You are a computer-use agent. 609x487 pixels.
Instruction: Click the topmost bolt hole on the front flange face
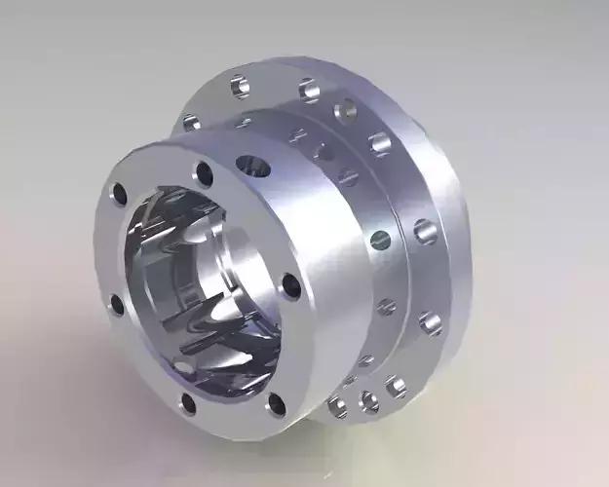pos(204,173)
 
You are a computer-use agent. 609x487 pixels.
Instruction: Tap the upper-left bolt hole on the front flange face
pos(119,194)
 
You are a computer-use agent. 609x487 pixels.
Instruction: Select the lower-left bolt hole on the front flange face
pos(117,304)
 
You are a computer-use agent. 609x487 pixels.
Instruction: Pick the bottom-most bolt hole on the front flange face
pos(187,403)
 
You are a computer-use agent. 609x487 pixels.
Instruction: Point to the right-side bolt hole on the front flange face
pos(290,285)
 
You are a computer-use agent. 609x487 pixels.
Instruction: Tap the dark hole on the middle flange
pos(380,240)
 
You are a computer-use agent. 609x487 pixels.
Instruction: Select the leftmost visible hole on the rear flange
pos(191,123)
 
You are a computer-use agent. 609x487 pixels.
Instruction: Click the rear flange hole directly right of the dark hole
pos(425,232)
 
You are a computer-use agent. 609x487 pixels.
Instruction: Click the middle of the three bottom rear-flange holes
pos(368,398)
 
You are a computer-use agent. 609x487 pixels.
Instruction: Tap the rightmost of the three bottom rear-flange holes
pos(396,387)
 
